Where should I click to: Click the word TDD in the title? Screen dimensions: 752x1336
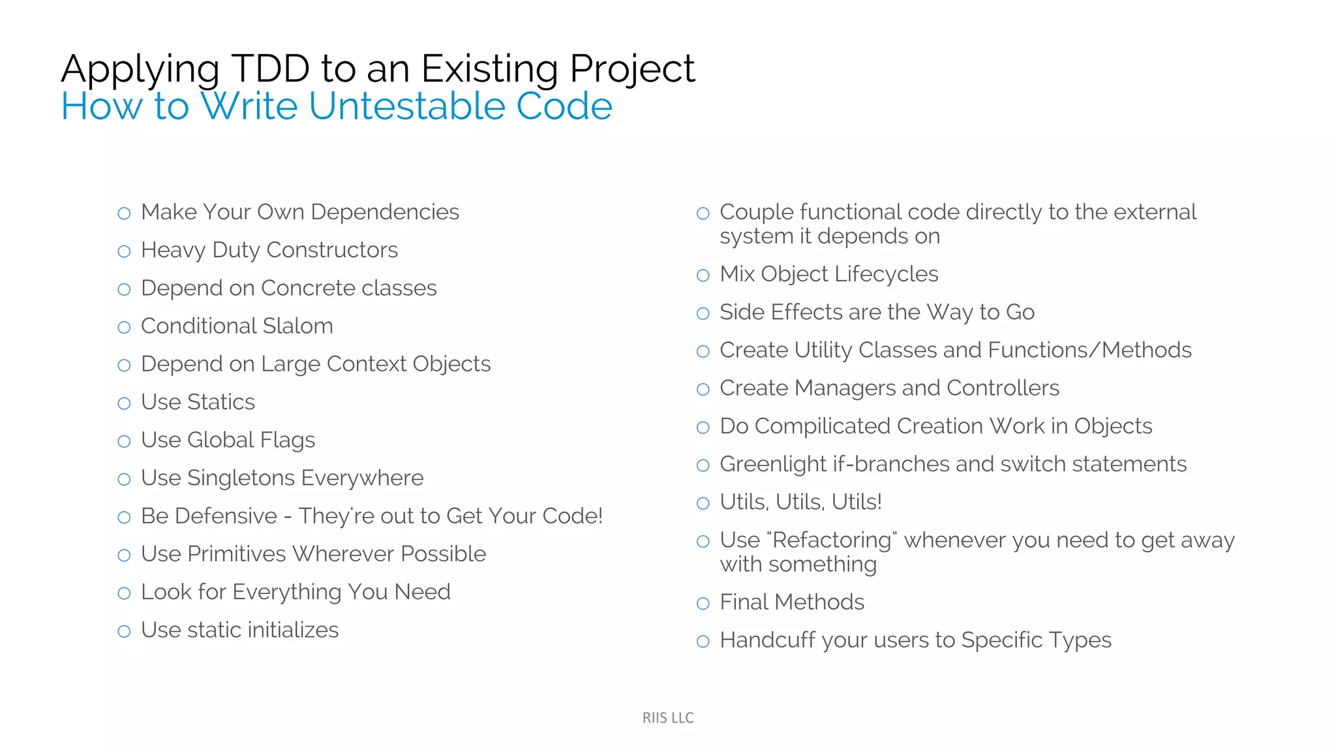point(270,69)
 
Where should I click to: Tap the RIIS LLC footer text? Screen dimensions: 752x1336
point(668,717)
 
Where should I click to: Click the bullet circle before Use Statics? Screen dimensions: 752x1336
point(124,403)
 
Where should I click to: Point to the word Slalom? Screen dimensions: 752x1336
point(297,326)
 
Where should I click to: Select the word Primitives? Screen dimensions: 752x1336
point(236,554)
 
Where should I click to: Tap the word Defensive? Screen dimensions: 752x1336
point(226,516)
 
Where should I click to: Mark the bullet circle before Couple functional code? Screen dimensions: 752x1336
point(703,213)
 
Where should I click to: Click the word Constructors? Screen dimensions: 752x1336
point(332,250)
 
